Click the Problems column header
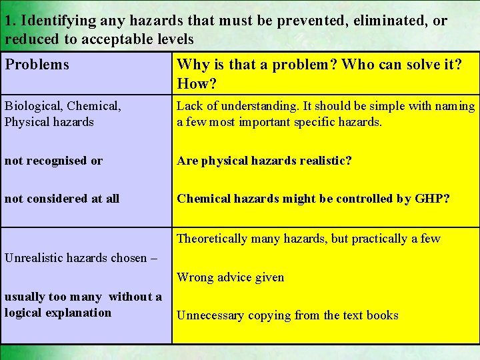pos(37,65)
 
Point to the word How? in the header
pos(198,84)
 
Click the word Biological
pos(33,105)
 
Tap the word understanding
pos(259,106)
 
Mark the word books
pos(382,315)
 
